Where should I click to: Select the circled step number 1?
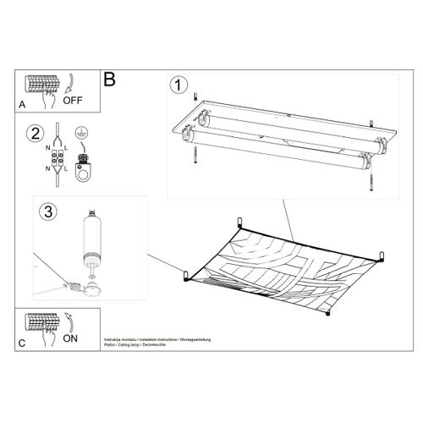click(x=178, y=85)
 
